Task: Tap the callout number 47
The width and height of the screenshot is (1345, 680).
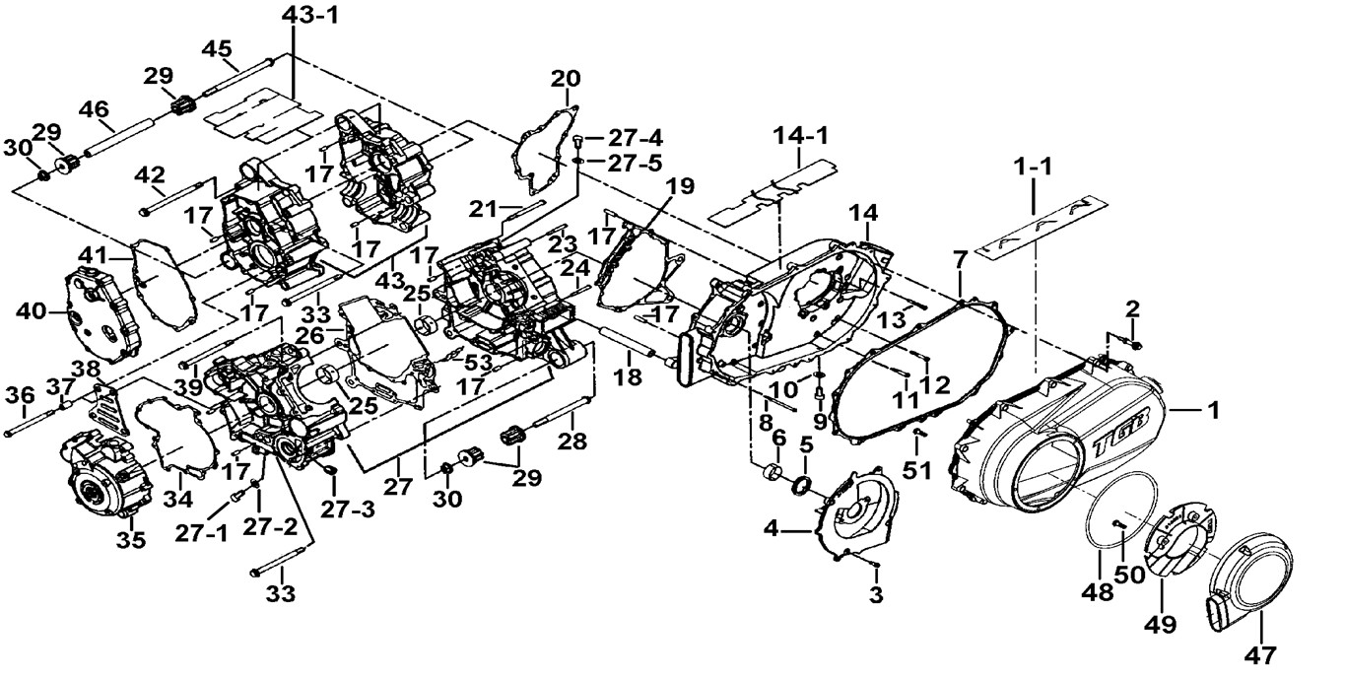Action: [x=1263, y=653]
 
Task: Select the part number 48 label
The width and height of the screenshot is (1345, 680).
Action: [x=1099, y=592]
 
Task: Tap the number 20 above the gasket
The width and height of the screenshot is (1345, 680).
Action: [x=566, y=79]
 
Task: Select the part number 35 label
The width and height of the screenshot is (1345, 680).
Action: [x=131, y=540]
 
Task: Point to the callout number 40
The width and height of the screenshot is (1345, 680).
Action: [x=33, y=311]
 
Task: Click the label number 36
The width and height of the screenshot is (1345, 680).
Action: [x=20, y=395]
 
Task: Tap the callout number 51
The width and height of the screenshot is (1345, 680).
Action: [x=917, y=471]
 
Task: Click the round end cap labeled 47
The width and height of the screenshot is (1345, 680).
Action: [x=1244, y=577]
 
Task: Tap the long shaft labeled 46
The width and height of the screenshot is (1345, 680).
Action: [x=115, y=142]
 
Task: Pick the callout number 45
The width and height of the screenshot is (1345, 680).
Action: [x=217, y=48]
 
